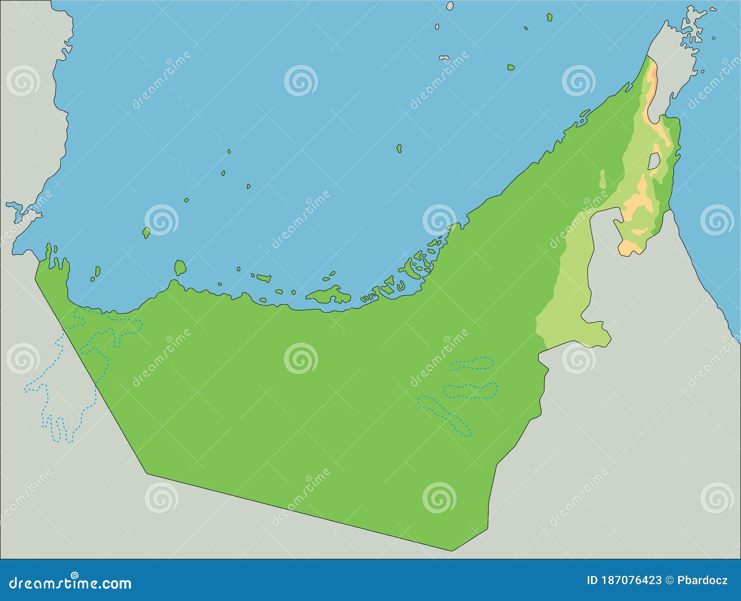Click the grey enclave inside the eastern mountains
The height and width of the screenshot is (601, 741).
tap(654, 162)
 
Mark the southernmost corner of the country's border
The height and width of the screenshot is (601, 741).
tap(452, 551)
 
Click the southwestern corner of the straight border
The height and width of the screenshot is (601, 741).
tap(147, 473)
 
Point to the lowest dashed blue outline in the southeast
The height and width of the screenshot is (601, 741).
tap(445, 414)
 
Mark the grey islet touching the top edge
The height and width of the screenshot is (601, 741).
tap(449, 6)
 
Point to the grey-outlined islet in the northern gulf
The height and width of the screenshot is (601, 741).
tap(444, 58)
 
